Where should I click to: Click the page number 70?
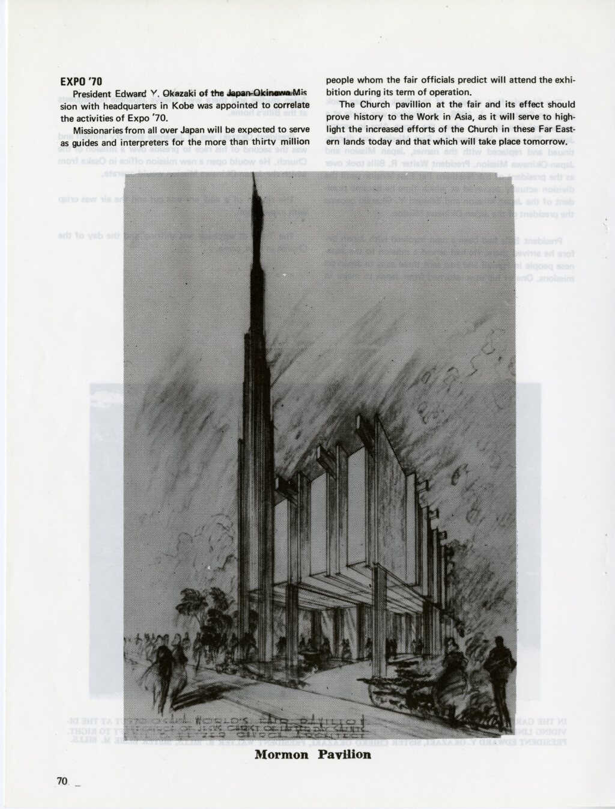61,781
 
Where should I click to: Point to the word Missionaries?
99,130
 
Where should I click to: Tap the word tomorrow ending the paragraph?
542,142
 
